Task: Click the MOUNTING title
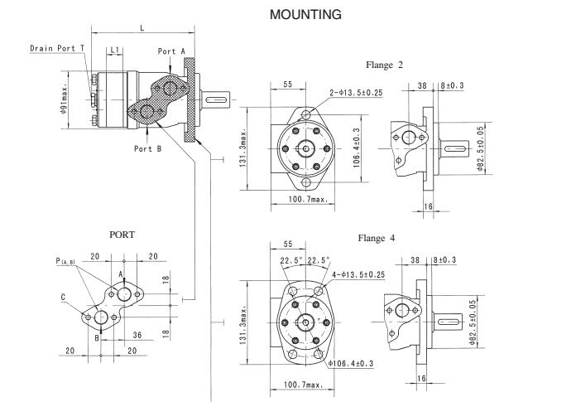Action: tap(305, 15)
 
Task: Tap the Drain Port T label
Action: tap(57, 48)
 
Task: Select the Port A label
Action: tap(171, 51)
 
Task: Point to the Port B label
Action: tap(147, 148)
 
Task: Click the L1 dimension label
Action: tap(115, 50)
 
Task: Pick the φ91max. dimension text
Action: tap(64, 99)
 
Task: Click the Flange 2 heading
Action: tap(384, 65)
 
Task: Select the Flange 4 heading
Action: tap(377, 238)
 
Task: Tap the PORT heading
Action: tap(122, 235)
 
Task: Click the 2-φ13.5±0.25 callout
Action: tap(356, 93)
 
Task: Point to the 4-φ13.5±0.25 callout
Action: tap(358, 274)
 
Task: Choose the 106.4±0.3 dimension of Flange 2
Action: tap(357, 148)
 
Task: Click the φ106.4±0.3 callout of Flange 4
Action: tap(350, 364)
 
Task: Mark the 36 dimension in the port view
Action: tap(137, 335)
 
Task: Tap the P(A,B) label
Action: tap(65, 261)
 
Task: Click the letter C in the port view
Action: tap(63, 298)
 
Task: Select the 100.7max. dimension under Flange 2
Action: tap(308, 199)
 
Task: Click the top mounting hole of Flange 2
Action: tap(306, 114)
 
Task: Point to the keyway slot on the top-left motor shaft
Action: tap(216, 99)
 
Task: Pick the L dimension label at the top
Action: tap(142, 28)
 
